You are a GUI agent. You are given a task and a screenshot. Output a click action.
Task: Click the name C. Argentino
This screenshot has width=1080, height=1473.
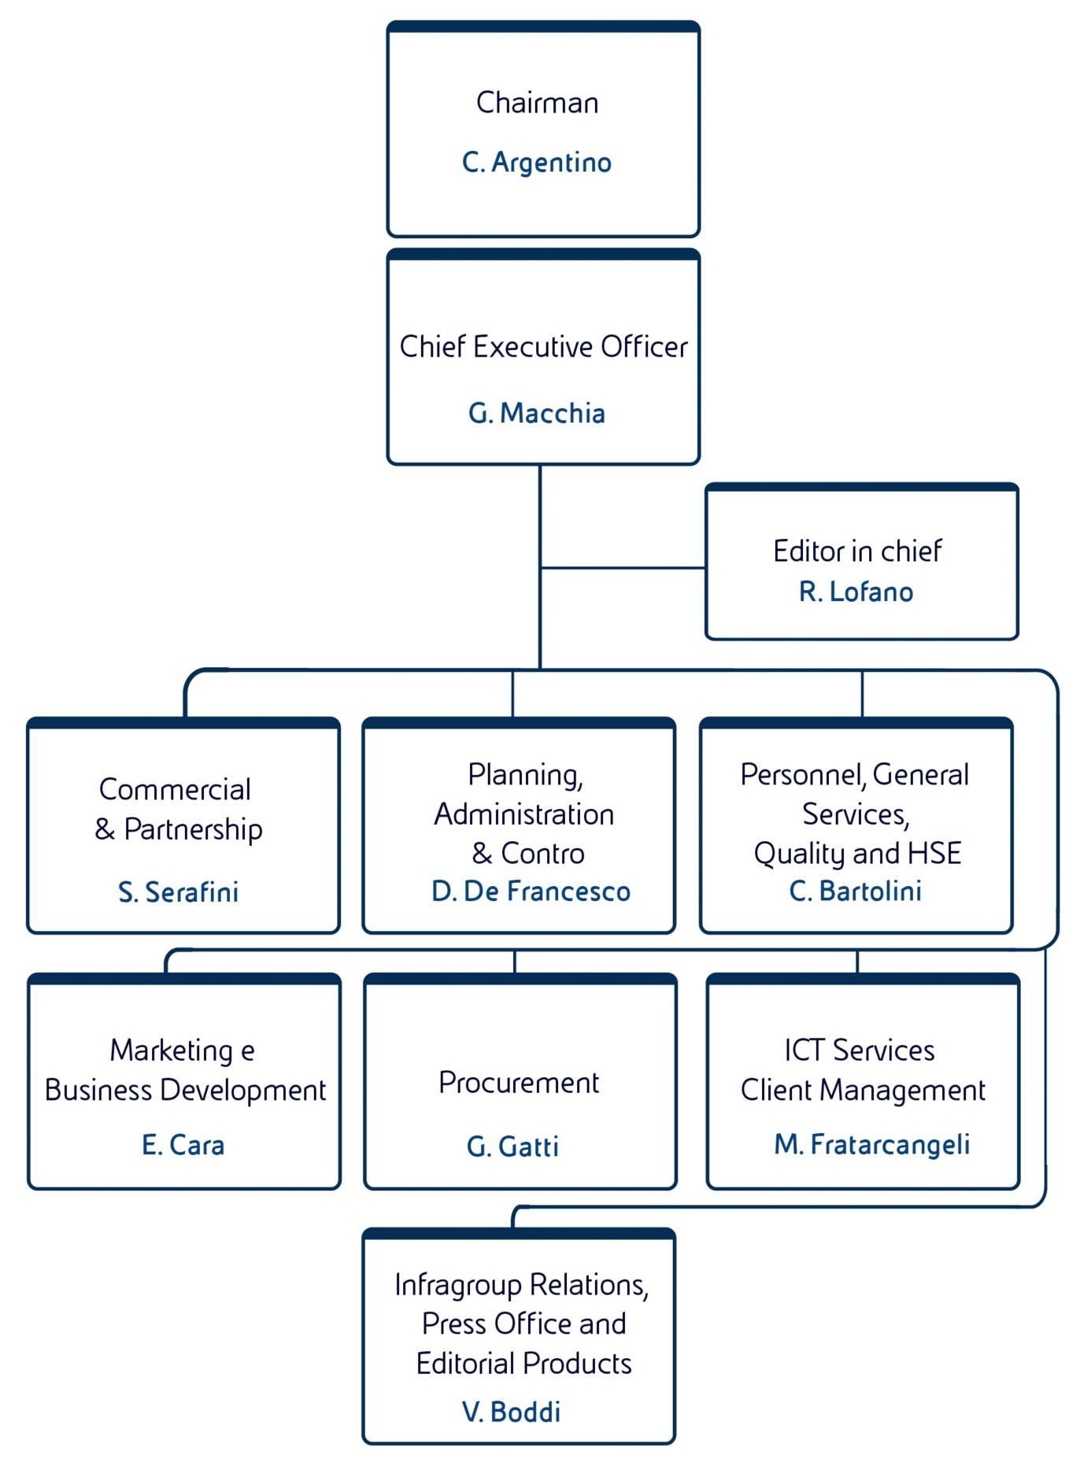(x=537, y=163)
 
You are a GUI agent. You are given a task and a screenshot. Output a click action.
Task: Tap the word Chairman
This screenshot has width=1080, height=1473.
(x=538, y=103)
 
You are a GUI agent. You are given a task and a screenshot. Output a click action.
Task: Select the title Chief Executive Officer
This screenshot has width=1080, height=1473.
(x=543, y=347)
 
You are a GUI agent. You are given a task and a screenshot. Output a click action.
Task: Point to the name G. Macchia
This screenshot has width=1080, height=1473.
(x=537, y=413)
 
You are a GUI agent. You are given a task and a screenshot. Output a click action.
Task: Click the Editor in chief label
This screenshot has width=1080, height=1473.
(x=857, y=552)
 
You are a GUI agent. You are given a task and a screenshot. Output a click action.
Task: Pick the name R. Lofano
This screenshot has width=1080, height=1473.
(x=856, y=592)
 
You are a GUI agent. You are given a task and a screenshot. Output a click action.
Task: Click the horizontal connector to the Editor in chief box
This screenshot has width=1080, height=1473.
(x=623, y=567)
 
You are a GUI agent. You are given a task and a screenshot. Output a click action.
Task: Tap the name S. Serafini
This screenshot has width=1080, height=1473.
(x=179, y=892)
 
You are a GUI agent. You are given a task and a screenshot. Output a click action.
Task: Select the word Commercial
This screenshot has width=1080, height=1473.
(x=175, y=790)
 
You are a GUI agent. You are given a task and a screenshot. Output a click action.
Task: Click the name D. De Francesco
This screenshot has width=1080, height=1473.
(x=531, y=892)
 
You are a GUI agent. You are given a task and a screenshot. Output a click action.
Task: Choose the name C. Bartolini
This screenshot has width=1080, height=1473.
(x=856, y=891)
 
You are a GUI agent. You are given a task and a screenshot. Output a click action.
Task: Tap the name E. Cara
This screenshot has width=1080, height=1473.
(x=183, y=1146)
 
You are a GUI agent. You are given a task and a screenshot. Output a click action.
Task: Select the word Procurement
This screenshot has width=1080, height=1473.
(x=519, y=1084)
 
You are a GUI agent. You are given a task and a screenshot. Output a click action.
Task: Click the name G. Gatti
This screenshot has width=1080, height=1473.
(x=512, y=1147)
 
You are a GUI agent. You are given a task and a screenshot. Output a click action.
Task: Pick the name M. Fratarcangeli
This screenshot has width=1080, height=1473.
(x=871, y=1145)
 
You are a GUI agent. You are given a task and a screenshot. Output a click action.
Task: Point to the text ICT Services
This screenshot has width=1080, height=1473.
(x=860, y=1050)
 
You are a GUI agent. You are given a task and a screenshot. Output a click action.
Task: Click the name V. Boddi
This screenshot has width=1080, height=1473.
(x=512, y=1412)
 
